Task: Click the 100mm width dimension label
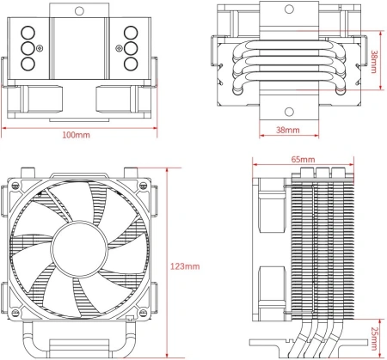(76, 136)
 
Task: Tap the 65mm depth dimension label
(302, 160)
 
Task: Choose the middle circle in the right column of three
(132, 48)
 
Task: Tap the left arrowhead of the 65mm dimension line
(255, 168)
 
